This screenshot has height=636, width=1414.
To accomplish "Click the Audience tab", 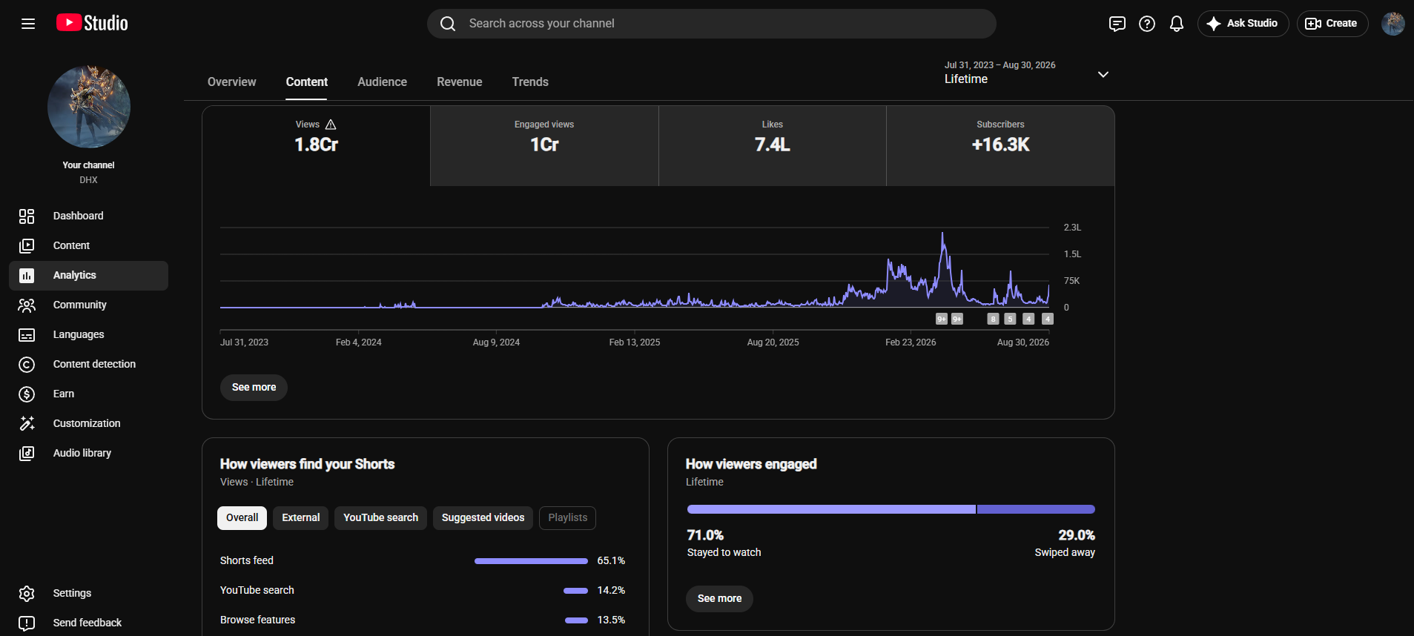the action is coord(382,82).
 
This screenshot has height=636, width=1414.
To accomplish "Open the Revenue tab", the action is coord(459,82).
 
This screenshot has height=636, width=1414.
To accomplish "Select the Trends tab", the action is coord(530,82).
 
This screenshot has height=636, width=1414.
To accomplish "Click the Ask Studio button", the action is coord(1243,24).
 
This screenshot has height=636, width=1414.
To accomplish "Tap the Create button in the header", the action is coord(1332,24).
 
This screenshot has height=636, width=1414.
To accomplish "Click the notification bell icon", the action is coord(1177,24).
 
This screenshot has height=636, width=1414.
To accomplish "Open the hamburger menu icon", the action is coord(28,24).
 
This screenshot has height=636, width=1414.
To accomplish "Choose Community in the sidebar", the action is coord(80,305).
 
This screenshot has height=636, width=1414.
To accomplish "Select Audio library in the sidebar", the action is coord(82,453).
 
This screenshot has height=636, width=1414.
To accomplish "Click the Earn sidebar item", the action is coord(64,394).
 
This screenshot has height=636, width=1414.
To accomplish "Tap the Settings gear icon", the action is coord(27,593).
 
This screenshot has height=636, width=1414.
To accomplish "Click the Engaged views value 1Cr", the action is coord(544,145).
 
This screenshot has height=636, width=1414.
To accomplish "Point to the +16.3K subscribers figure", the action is coord(1000,145).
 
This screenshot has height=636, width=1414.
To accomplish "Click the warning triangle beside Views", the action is coord(331,125).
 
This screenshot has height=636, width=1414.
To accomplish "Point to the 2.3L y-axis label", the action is coord(1072,228).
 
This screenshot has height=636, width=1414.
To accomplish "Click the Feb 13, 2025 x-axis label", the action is coord(635,342).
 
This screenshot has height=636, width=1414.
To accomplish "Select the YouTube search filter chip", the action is coord(380,517).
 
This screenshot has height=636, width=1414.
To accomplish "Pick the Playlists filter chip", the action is coord(567,517).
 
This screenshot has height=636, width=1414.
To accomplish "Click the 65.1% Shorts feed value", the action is coord(611,560).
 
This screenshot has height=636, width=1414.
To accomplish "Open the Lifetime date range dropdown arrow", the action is coord(1103,74).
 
